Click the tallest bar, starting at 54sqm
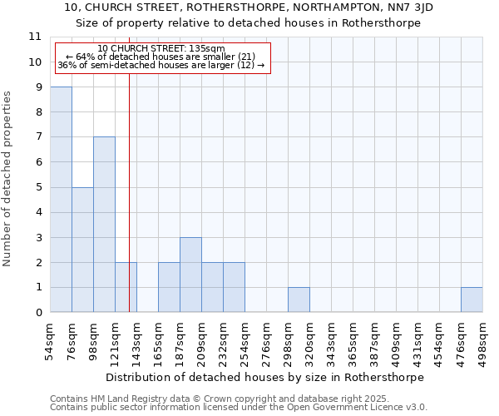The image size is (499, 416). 61,200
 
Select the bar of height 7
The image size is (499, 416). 104,225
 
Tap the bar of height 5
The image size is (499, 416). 82,250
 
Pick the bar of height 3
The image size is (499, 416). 190,275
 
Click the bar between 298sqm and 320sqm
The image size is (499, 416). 299,300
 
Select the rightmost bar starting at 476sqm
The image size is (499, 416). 472,300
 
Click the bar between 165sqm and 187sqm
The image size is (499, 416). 169,287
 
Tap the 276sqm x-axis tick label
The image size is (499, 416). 267,339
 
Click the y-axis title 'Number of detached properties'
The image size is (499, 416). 8,179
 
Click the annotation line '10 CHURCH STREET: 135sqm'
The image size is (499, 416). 161,49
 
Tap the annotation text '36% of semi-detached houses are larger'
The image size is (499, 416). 161,66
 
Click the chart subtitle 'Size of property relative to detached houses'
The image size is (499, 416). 249,23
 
